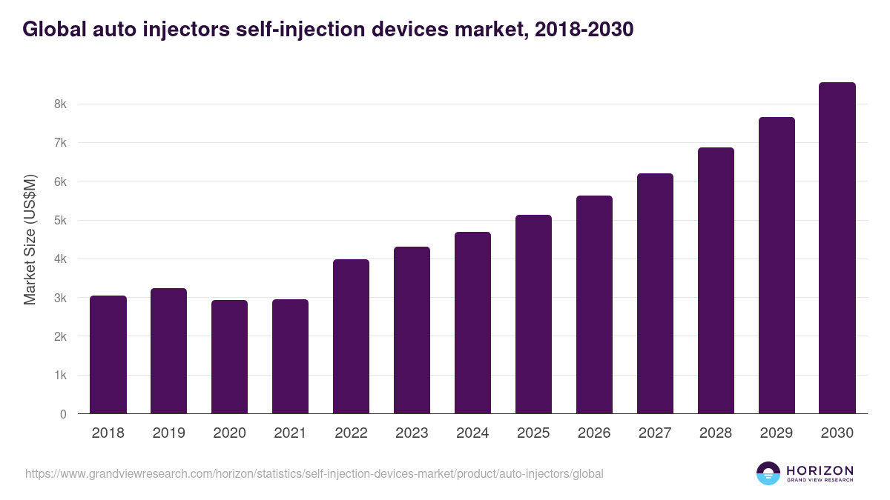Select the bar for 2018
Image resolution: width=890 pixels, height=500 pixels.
tap(108, 355)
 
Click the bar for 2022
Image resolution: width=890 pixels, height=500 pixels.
tap(351, 336)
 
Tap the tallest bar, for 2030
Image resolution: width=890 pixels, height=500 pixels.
tap(837, 248)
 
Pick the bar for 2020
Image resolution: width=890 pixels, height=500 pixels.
tap(229, 357)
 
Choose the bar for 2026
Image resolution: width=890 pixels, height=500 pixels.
tap(594, 304)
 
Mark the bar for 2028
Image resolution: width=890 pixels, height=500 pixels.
tap(716, 281)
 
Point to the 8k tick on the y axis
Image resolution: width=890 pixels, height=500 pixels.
tap(60, 104)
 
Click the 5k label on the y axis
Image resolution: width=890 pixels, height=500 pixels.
tap(60, 221)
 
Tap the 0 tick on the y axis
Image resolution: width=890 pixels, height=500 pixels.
tap(63, 414)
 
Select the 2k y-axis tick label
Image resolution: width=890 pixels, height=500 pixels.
tap(60, 336)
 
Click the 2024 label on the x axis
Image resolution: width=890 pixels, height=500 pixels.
tap(472, 433)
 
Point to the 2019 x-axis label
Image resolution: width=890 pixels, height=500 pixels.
tap(168, 433)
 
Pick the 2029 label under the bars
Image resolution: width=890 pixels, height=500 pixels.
tap(777, 433)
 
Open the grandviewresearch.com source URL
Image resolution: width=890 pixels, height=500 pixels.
tap(314, 473)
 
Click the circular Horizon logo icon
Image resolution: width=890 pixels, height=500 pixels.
tap(768, 473)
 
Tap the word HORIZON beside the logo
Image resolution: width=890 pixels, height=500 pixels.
tap(820, 470)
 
